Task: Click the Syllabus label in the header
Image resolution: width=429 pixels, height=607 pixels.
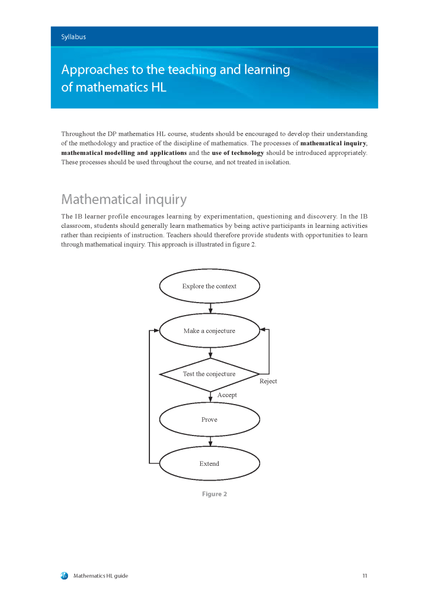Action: coord(73,37)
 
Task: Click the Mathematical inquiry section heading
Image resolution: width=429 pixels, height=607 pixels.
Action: coord(124,199)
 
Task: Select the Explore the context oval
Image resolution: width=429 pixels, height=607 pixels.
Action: coord(209,286)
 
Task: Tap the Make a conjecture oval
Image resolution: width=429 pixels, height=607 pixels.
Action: coord(209,330)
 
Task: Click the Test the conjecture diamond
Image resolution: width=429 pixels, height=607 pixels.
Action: coord(209,374)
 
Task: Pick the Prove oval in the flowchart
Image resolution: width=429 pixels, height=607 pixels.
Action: coord(209,420)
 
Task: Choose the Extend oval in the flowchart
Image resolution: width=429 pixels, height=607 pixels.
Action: coord(209,463)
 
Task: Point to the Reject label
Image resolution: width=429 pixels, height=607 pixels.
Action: coord(268,381)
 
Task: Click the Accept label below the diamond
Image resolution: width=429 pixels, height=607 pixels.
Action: coord(227,395)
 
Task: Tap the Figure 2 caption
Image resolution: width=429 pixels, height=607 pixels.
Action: coord(214,494)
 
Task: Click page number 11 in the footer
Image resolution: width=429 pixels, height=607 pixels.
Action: coord(365,576)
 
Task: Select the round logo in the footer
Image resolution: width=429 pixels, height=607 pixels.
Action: coord(65,576)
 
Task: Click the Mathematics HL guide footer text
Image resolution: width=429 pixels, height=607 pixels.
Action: coord(101,576)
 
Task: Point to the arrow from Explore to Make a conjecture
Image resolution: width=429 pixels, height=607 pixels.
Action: coord(210,308)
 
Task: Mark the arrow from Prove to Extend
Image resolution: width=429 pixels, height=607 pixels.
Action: coord(210,441)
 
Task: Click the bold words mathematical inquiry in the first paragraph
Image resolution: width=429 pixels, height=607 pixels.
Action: coord(333,144)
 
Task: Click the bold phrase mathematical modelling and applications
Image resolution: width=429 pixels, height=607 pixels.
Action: coord(124,153)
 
